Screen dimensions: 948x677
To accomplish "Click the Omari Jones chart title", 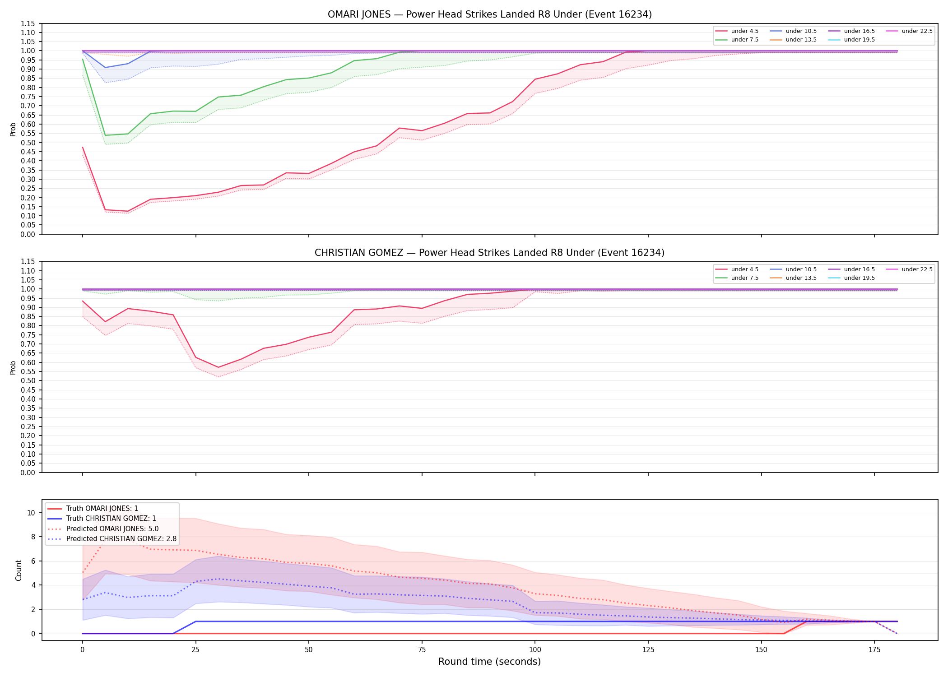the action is pos(489,14).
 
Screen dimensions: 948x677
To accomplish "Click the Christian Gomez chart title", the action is pos(489,253).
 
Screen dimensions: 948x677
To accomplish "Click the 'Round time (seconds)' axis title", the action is pos(489,662).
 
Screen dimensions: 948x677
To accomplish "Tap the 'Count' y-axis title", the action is pos(19,570).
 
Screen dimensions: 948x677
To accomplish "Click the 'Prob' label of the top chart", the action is pos(13,129).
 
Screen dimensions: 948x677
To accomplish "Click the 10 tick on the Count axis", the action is pos(31,513).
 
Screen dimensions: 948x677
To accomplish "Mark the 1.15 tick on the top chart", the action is pos(28,23).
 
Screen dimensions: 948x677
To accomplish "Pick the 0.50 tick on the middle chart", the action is pos(28,380).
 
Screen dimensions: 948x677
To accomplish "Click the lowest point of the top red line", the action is pos(128,211).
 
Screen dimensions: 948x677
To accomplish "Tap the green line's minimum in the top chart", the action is pos(105,135).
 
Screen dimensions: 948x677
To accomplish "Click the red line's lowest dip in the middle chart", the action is pos(218,367).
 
